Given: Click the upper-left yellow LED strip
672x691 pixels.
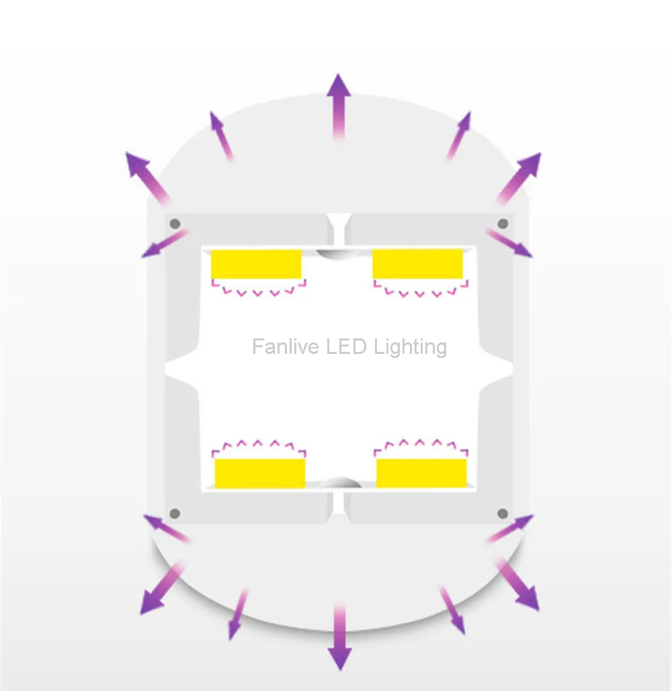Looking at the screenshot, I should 256,264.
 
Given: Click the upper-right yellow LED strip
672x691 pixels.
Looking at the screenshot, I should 417,263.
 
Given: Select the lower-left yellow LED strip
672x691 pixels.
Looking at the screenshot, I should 260,473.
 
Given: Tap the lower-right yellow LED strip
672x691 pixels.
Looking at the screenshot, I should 421,473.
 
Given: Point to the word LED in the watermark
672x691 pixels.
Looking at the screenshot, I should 347,347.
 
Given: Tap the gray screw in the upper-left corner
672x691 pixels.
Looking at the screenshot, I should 175,223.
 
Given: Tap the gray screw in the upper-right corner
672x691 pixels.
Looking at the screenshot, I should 502,223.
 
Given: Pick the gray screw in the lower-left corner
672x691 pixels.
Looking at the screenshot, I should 175,514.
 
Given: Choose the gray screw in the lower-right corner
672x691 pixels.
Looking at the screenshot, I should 502,514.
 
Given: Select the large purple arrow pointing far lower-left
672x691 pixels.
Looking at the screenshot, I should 159,591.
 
